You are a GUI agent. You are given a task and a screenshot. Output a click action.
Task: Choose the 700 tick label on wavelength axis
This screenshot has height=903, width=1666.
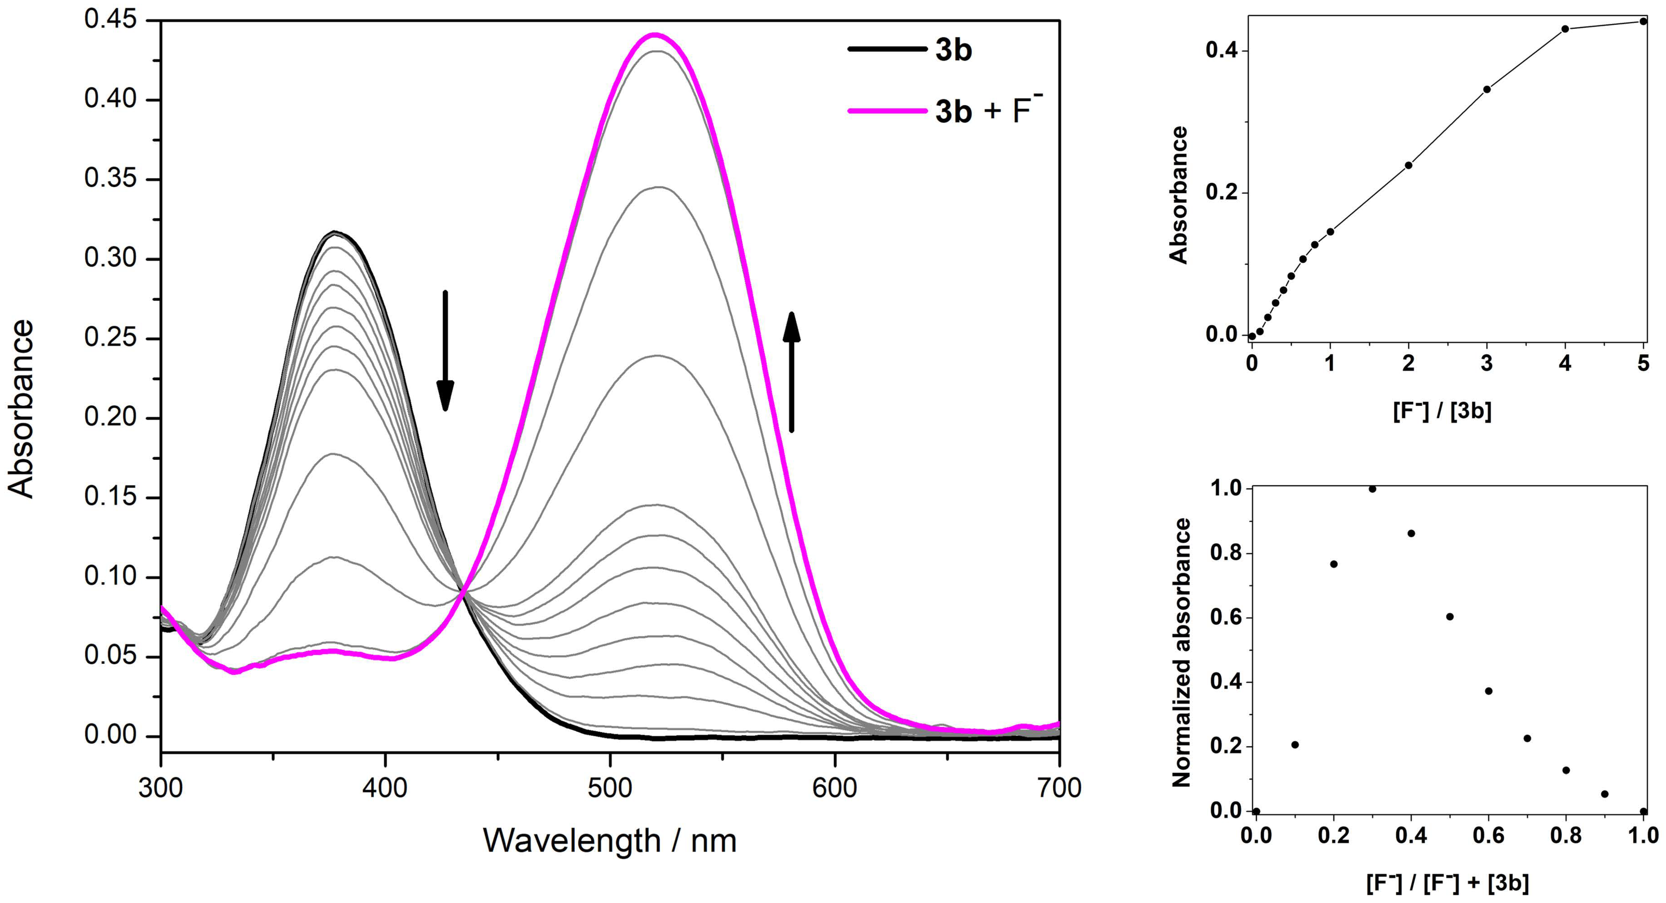click(x=1059, y=788)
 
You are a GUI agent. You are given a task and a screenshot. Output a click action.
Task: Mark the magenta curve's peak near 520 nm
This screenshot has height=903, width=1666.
click(x=655, y=34)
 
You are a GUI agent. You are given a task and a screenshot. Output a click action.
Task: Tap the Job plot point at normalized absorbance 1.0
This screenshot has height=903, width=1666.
click(x=1372, y=489)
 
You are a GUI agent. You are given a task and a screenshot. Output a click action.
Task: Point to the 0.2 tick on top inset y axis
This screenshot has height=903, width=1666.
click(x=1221, y=193)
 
